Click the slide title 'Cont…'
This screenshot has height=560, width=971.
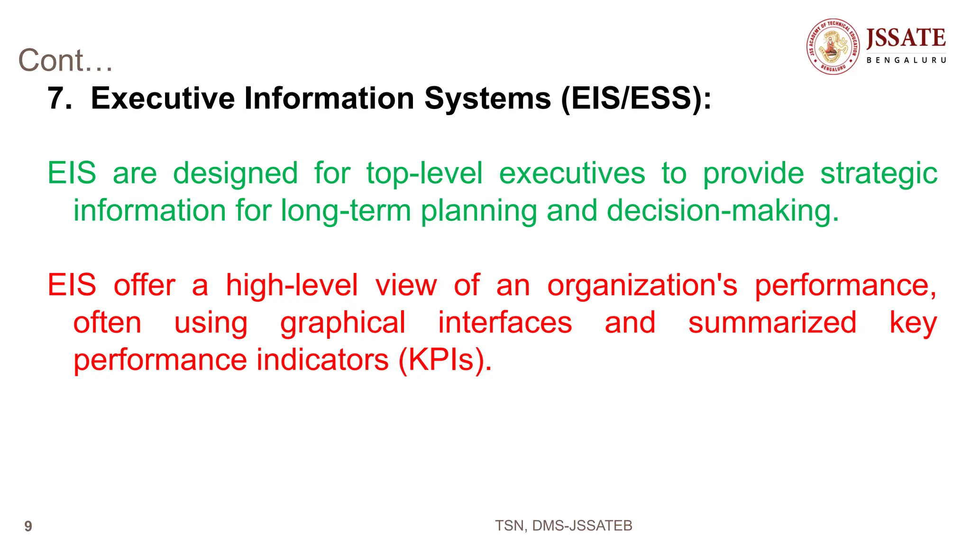coord(65,61)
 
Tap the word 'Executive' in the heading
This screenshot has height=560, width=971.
coord(163,99)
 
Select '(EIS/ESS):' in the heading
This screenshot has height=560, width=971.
coord(636,99)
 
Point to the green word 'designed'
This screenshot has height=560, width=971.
coord(235,173)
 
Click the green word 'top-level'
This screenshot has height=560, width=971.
coord(424,173)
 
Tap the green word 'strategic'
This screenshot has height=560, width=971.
coord(879,173)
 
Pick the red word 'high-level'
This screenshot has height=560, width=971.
coord(292,286)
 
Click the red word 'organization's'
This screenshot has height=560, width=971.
coord(642,286)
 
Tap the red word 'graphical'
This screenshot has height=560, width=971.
coord(343,323)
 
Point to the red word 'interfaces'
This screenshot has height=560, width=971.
coord(505,323)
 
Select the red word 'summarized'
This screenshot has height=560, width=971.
coord(772,323)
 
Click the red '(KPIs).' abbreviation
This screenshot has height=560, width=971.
coord(445,360)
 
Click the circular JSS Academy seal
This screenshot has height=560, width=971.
coord(833,46)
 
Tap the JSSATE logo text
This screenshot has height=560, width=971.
coord(906,39)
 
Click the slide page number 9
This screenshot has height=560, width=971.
coord(28,526)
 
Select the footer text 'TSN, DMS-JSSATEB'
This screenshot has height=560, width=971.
coord(563,526)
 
